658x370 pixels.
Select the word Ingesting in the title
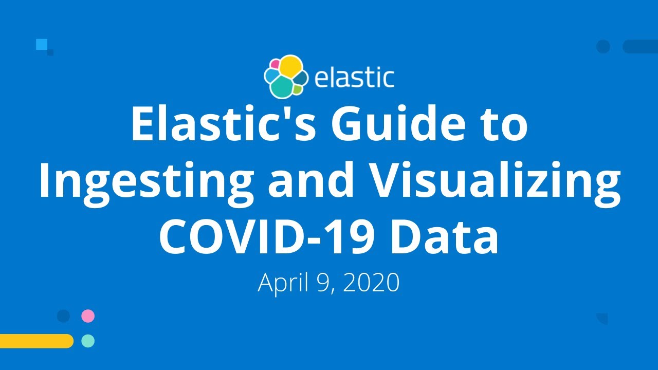pos(145,182)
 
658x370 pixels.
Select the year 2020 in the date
pos(371,282)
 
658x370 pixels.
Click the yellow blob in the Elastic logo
pos(290,66)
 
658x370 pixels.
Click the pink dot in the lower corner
pos(88,316)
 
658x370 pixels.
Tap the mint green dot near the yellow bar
pos(88,341)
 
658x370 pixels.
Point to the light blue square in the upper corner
pos(42,44)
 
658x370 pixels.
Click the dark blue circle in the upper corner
pos(603,47)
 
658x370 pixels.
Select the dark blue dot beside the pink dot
pos(63,316)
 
